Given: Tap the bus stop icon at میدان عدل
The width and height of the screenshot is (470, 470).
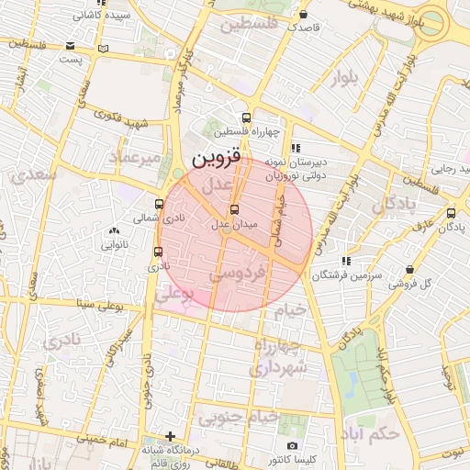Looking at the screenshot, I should [x=233, y=209].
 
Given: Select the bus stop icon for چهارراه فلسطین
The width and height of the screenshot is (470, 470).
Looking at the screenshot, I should [x=245, y=117].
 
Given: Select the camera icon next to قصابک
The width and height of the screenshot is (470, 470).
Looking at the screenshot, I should [x=304, y=15].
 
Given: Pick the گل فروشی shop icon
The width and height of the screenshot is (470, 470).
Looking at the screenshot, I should [x=408, y=270].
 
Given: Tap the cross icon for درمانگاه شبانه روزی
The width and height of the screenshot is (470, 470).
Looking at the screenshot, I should [x=170, y=436].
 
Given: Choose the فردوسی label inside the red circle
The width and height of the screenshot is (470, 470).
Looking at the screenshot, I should [x=238, y=273].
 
